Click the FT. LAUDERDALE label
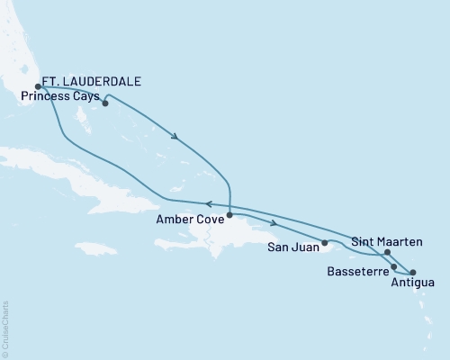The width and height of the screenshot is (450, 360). coord(94,81)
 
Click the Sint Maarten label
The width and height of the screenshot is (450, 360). coord(382,241)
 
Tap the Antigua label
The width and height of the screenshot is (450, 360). coord(414,283)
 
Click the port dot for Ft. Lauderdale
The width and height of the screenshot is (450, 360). coord(38,87)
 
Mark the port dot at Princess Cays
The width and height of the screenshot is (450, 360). coord(105,103)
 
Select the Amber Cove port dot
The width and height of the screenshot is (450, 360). coord(229,215)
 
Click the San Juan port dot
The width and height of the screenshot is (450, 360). coord(325,242)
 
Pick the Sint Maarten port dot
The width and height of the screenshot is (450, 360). coord(388,253)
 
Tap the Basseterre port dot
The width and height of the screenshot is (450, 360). coord(394,267)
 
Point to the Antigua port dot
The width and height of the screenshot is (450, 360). coord(413,272)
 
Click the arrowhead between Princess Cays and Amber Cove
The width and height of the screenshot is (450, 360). coord(175,138)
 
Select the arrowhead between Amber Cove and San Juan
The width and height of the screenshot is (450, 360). coord(272,222)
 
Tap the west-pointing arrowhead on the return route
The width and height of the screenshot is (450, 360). coord(209,204)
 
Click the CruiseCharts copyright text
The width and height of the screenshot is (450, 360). coord(5,328)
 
